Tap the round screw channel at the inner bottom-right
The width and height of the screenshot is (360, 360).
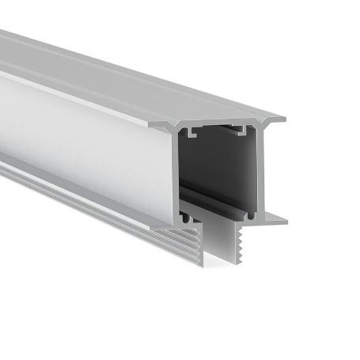tap(252, 213)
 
